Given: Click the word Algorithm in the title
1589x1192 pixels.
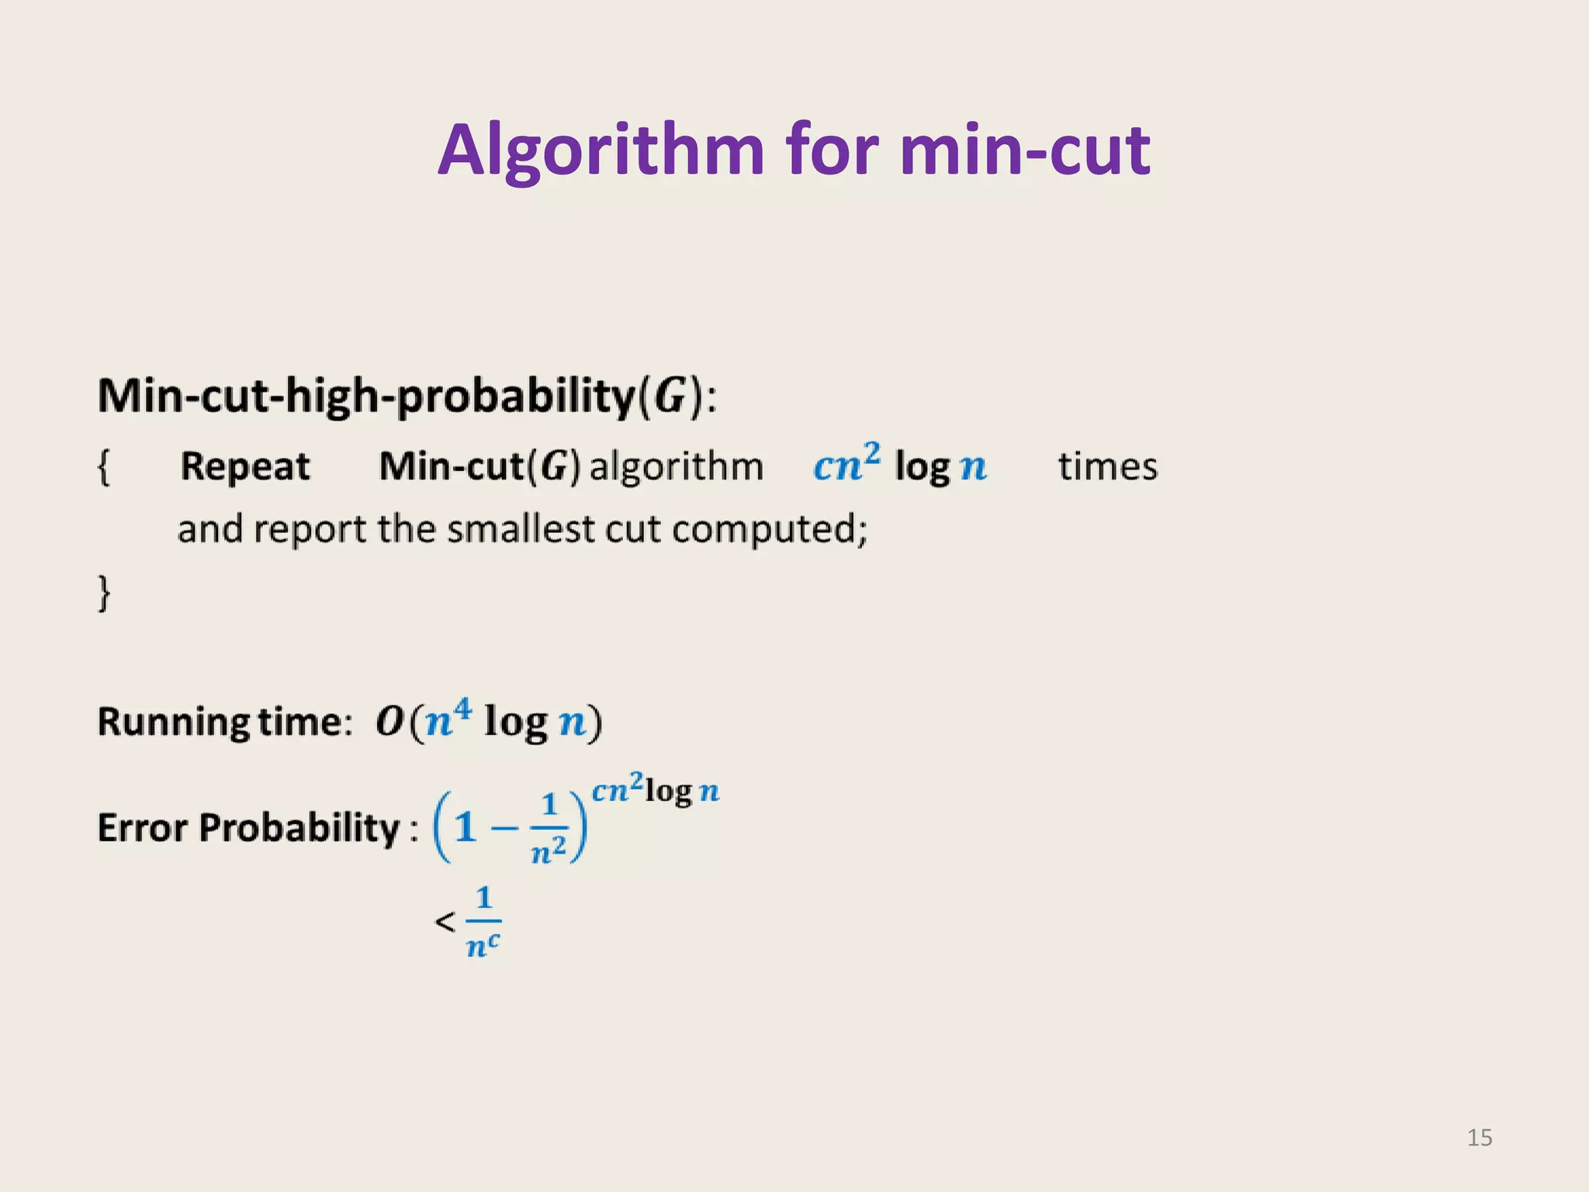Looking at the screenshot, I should click(x=602, y=151).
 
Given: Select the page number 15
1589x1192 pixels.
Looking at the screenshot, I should click(x=1480, y=1138).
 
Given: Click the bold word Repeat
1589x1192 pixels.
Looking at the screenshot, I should click(x=244, y=467).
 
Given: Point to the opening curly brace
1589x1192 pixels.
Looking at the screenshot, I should click(x=104, y=467).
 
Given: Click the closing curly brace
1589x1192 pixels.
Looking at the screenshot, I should click(x=104, y=593).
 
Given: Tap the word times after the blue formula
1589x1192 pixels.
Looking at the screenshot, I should click(x=1107, y=467).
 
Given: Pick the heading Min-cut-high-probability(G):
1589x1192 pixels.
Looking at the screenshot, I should click(x=407, y=396).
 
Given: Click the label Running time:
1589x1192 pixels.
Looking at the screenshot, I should click(x=225, y=722).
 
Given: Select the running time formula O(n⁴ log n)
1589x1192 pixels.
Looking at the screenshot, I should click(x=489, y=721).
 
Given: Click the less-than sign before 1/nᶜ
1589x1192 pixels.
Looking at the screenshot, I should click(x=445, y=922).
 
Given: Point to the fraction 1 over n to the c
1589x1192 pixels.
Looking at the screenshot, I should click(x=483, y=922).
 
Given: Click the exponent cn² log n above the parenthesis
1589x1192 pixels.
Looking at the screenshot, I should click(x=655, y=790).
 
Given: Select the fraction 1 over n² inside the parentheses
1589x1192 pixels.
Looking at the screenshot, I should click(x=549, y=827).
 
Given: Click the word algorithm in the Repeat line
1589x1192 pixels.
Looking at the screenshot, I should click(x=677, y=467).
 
